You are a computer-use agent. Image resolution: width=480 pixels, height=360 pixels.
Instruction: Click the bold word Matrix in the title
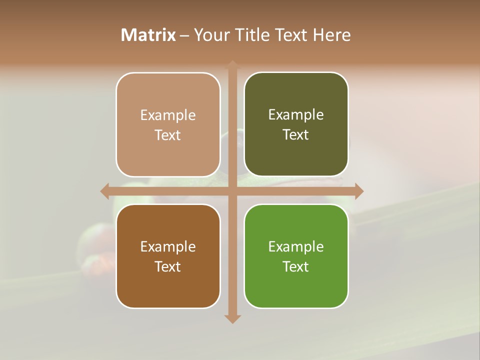point(148,35)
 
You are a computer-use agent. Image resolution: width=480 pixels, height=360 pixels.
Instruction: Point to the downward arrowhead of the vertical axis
point(232,318)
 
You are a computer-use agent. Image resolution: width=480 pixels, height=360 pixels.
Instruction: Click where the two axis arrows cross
point(232,191)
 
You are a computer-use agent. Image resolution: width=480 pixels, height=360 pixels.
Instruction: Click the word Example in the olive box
point(296,114)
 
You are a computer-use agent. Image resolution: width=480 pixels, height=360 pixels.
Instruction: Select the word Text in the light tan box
point(168,135)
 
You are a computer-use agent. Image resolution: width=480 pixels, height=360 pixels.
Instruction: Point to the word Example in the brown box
point(168,246)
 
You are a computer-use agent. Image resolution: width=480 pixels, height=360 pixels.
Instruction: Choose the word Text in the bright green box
point(296,266)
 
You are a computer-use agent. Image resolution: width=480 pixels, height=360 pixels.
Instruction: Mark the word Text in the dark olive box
point(296,135)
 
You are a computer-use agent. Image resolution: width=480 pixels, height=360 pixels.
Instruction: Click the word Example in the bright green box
point(296,246)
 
